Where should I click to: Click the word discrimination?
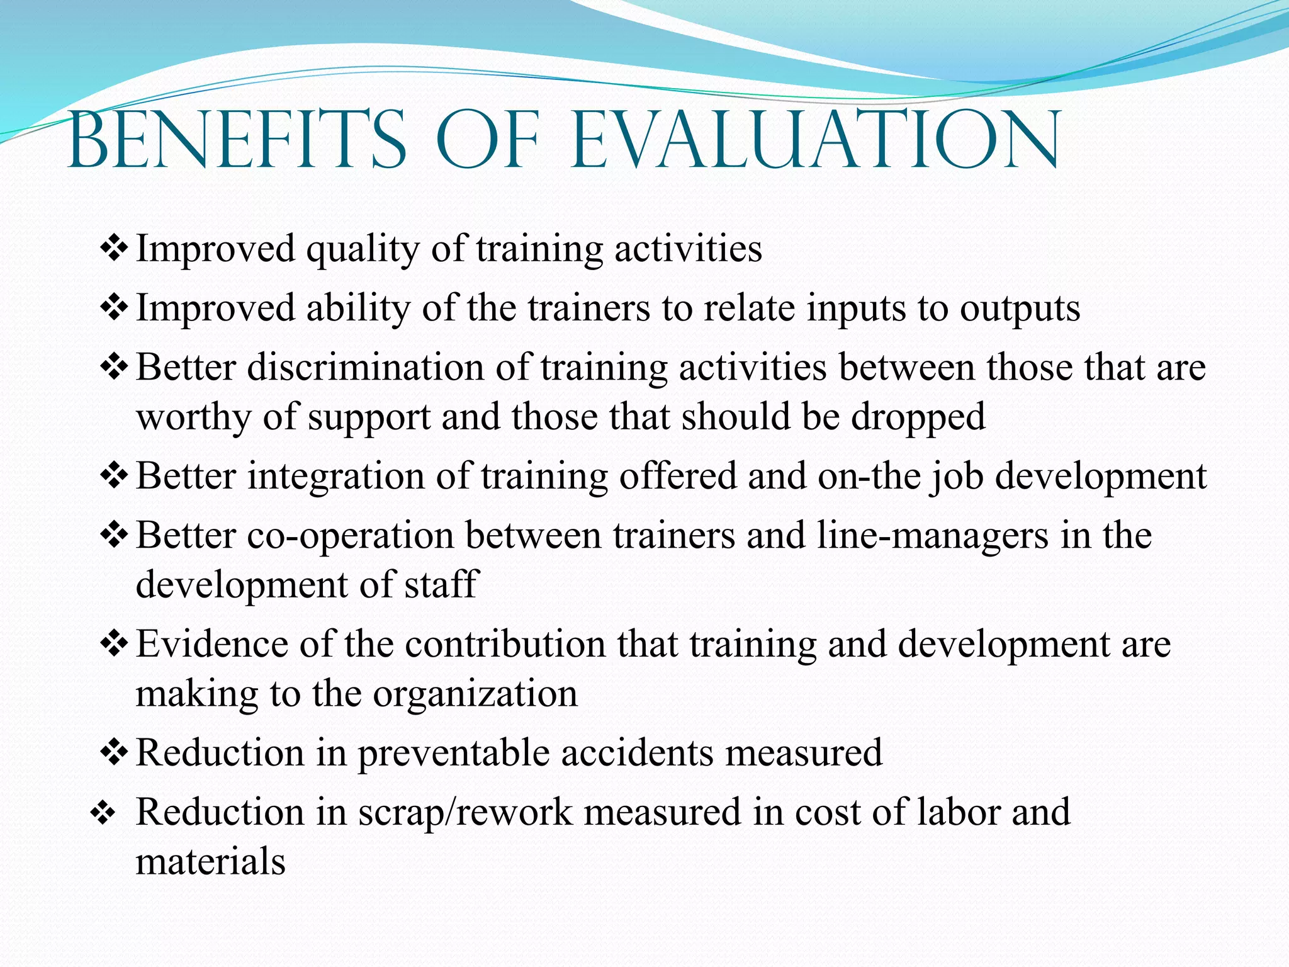pyautogui.click(x=366, y=367)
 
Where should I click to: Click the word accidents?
pyautogui.click(x=637, y=753)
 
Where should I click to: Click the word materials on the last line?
pyautogui.click(x=211, y=862)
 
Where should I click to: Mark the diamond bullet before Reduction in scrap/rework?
pyautogui.click(x=103, y=813)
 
